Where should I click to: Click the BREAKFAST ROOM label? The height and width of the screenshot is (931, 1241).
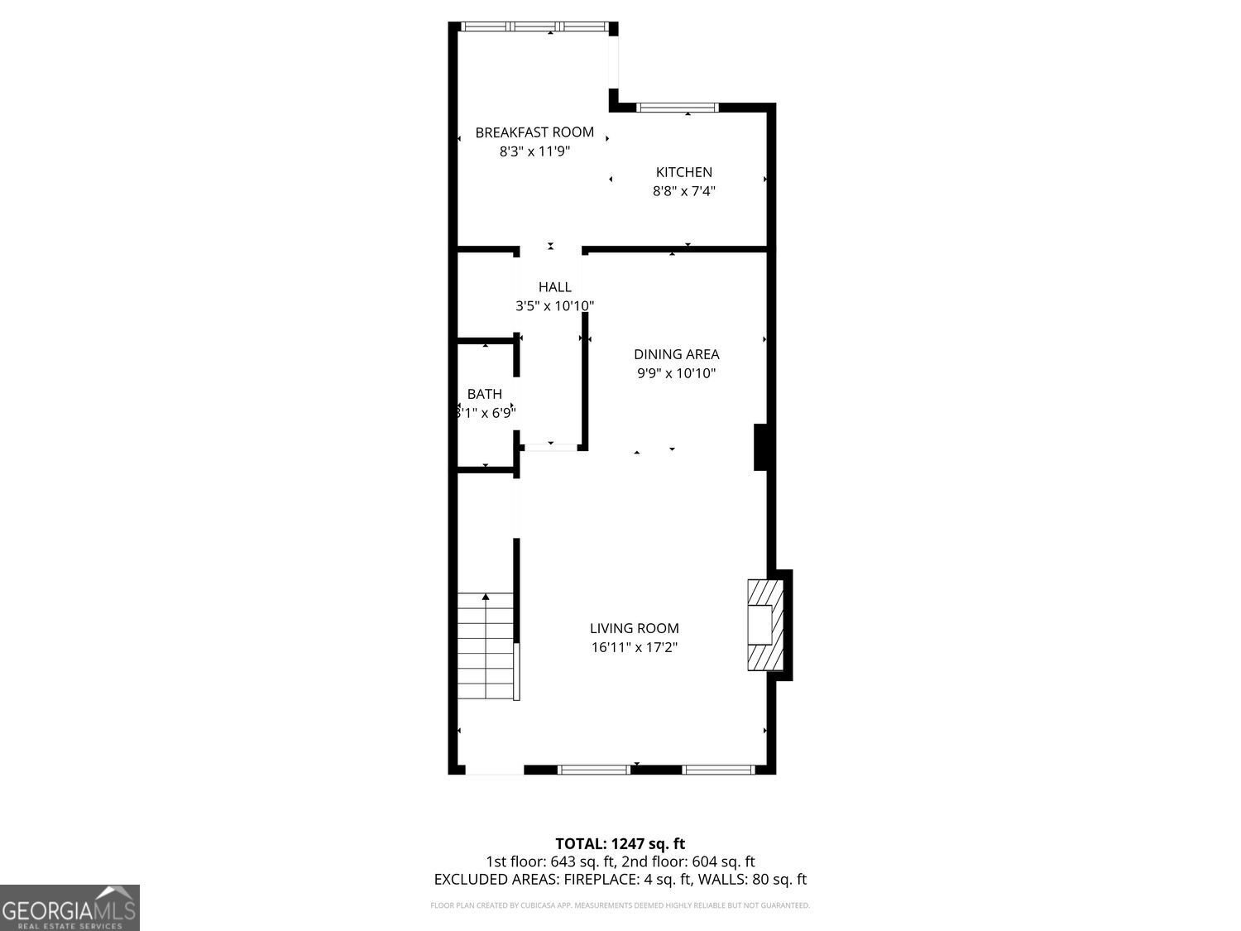534,132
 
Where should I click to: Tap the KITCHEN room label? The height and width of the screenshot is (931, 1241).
683,172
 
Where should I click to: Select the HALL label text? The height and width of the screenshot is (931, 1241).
554,287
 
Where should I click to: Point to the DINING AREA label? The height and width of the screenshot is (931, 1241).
676,354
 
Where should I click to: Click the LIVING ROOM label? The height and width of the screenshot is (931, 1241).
634,628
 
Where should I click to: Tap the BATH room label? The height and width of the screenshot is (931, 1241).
484,394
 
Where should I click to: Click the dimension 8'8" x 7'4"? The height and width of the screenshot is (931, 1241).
683,191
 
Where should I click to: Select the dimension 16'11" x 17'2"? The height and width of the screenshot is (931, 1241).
634,647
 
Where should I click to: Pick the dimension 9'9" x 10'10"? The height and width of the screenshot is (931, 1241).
676,373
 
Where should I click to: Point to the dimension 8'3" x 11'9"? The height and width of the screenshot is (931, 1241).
534,151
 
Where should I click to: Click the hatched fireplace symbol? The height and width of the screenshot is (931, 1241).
764,624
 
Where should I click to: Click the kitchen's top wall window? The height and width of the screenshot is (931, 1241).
678,108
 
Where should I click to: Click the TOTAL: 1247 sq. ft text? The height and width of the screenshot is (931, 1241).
620,844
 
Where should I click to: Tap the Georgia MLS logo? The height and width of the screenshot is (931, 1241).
69,907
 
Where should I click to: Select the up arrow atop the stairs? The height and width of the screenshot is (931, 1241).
486,596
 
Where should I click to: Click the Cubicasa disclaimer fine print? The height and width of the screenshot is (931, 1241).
620,905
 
